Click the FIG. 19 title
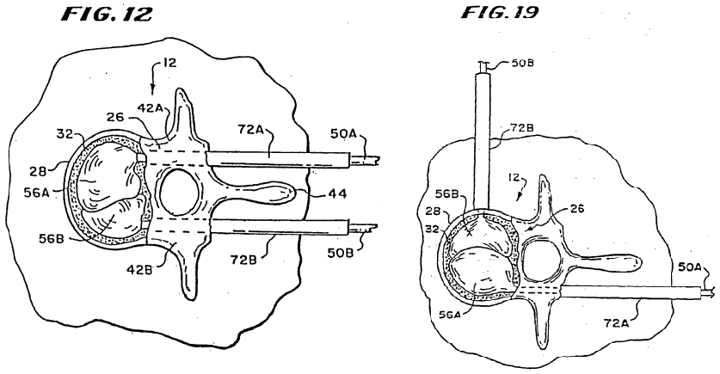(x=500, y=12)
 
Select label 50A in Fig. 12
(x=344, y=133)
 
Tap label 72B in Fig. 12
(x=243, y=261)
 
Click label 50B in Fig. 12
(x=341, y=252)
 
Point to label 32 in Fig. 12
(x=64, y=135)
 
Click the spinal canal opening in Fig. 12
(x=178, y=193)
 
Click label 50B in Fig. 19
(x=521, y=63)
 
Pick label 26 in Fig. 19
(x=577, y=209)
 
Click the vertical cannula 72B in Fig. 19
(x=484, y=142)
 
